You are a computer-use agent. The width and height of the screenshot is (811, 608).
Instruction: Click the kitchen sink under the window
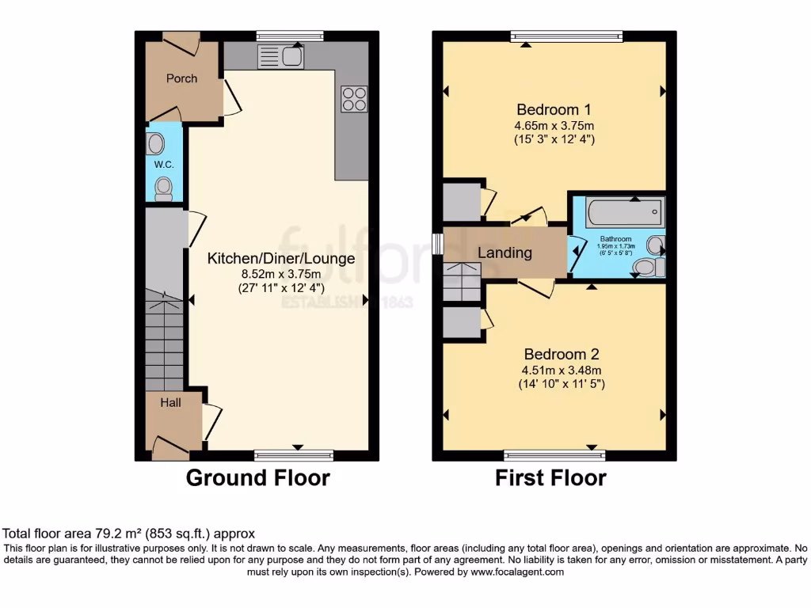pos(281,57)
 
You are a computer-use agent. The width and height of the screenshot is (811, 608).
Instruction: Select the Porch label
pos(181,78)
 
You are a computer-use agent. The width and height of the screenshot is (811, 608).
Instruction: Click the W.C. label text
pos(164,165)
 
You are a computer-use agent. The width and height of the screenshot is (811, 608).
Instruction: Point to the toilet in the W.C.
pos(164,187)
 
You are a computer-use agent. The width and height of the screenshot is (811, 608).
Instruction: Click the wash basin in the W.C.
pos(156,143)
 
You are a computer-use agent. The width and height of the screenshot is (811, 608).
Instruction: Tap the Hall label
pos(171,402)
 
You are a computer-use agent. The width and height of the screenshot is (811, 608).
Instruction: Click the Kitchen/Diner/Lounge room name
pos(281,258)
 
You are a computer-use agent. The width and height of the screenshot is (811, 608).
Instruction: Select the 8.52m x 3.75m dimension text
pos(281,274)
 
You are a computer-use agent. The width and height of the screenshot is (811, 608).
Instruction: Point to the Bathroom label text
pos(615,238)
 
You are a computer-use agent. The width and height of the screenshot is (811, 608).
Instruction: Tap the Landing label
pos(504,253)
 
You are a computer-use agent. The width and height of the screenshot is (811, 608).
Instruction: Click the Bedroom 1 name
pos(554,109)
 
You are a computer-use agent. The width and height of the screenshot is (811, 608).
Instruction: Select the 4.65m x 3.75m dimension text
pos(554,125)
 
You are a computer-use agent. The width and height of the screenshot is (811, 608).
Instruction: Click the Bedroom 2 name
pos(554,354)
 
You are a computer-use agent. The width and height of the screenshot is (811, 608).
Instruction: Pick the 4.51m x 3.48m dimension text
pos(554,370)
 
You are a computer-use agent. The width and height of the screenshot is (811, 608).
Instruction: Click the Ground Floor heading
pos(257,477)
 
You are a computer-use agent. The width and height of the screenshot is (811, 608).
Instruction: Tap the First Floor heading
pos(550,477)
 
